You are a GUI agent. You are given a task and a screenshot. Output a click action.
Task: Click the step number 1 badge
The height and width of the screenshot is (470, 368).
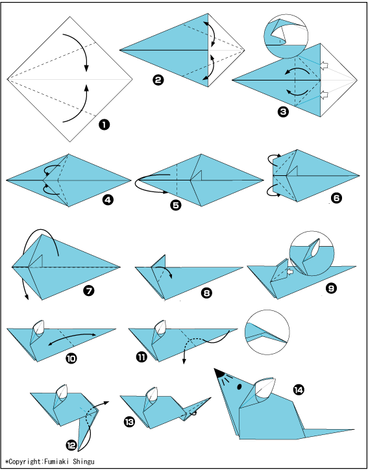click(x=104, y=125)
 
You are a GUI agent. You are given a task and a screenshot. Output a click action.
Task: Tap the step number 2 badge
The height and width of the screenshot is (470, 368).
click(x=158, y=80)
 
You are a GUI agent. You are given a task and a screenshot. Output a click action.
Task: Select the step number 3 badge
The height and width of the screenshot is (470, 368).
click(x=282, y=112)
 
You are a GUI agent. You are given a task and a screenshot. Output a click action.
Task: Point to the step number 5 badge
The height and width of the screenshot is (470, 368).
click(x=176, y=205)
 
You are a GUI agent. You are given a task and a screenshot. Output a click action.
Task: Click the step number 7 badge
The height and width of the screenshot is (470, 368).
click(x=89, y=290)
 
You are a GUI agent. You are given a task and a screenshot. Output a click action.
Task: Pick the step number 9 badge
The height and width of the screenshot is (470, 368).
click(x=331, y=288)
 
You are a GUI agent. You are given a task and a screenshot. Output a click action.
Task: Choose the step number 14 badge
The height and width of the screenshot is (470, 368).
click(x=299, y=390)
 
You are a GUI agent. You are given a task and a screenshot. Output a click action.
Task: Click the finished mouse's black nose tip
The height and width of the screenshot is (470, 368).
click(x=215, y=369)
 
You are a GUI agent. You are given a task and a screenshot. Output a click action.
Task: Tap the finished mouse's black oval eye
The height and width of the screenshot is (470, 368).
click(x=239, y=387)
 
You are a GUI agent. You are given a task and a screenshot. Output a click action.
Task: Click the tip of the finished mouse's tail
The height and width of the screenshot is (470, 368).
click(x=354, y=430)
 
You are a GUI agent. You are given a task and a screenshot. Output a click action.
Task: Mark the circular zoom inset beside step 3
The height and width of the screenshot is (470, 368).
click(x=286, y=36)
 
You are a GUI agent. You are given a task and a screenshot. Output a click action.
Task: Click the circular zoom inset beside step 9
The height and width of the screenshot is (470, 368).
click(x=312, y=254)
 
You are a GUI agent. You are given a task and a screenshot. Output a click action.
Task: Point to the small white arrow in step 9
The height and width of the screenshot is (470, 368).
click(x=289, y=272)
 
